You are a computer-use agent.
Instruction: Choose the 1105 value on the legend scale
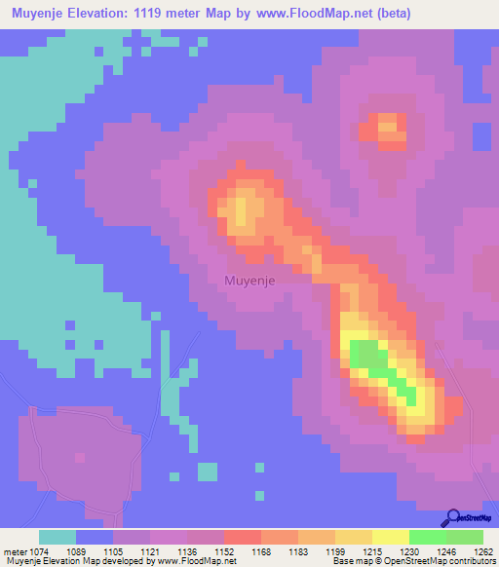(131, 551)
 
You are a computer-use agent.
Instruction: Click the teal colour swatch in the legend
(58, 537)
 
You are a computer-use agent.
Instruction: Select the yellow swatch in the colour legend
(390, 537)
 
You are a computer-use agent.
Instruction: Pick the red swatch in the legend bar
(242, 537)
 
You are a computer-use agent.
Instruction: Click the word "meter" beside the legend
(18, 551)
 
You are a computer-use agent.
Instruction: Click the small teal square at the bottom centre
(208, 471)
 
